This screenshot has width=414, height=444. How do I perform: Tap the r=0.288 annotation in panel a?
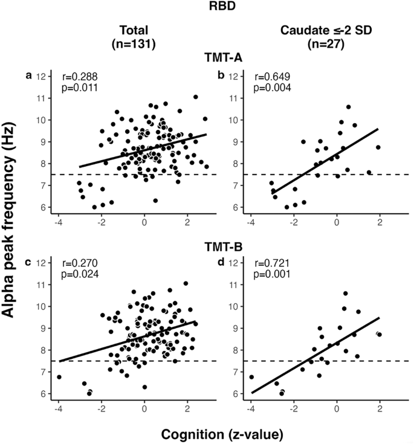coord(80,77)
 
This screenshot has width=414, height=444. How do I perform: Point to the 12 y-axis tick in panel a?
coord(40,76)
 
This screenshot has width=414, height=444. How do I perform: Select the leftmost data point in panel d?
coord(251,377)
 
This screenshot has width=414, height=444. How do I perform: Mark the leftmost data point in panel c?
coord(59,377)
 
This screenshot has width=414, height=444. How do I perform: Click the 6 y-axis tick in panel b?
coord(233,207)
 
